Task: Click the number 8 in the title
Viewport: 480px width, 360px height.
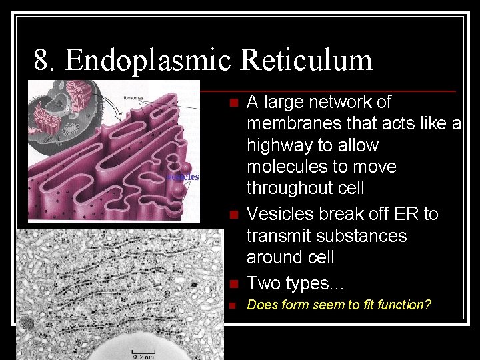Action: click(42, 61)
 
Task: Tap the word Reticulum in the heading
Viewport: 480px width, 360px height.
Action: click(306, 61)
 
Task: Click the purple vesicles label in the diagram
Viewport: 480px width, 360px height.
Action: click(183, 177)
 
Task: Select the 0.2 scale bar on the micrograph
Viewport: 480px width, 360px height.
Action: click(142, 353)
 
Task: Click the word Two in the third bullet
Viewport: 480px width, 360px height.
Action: click(262, 283)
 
